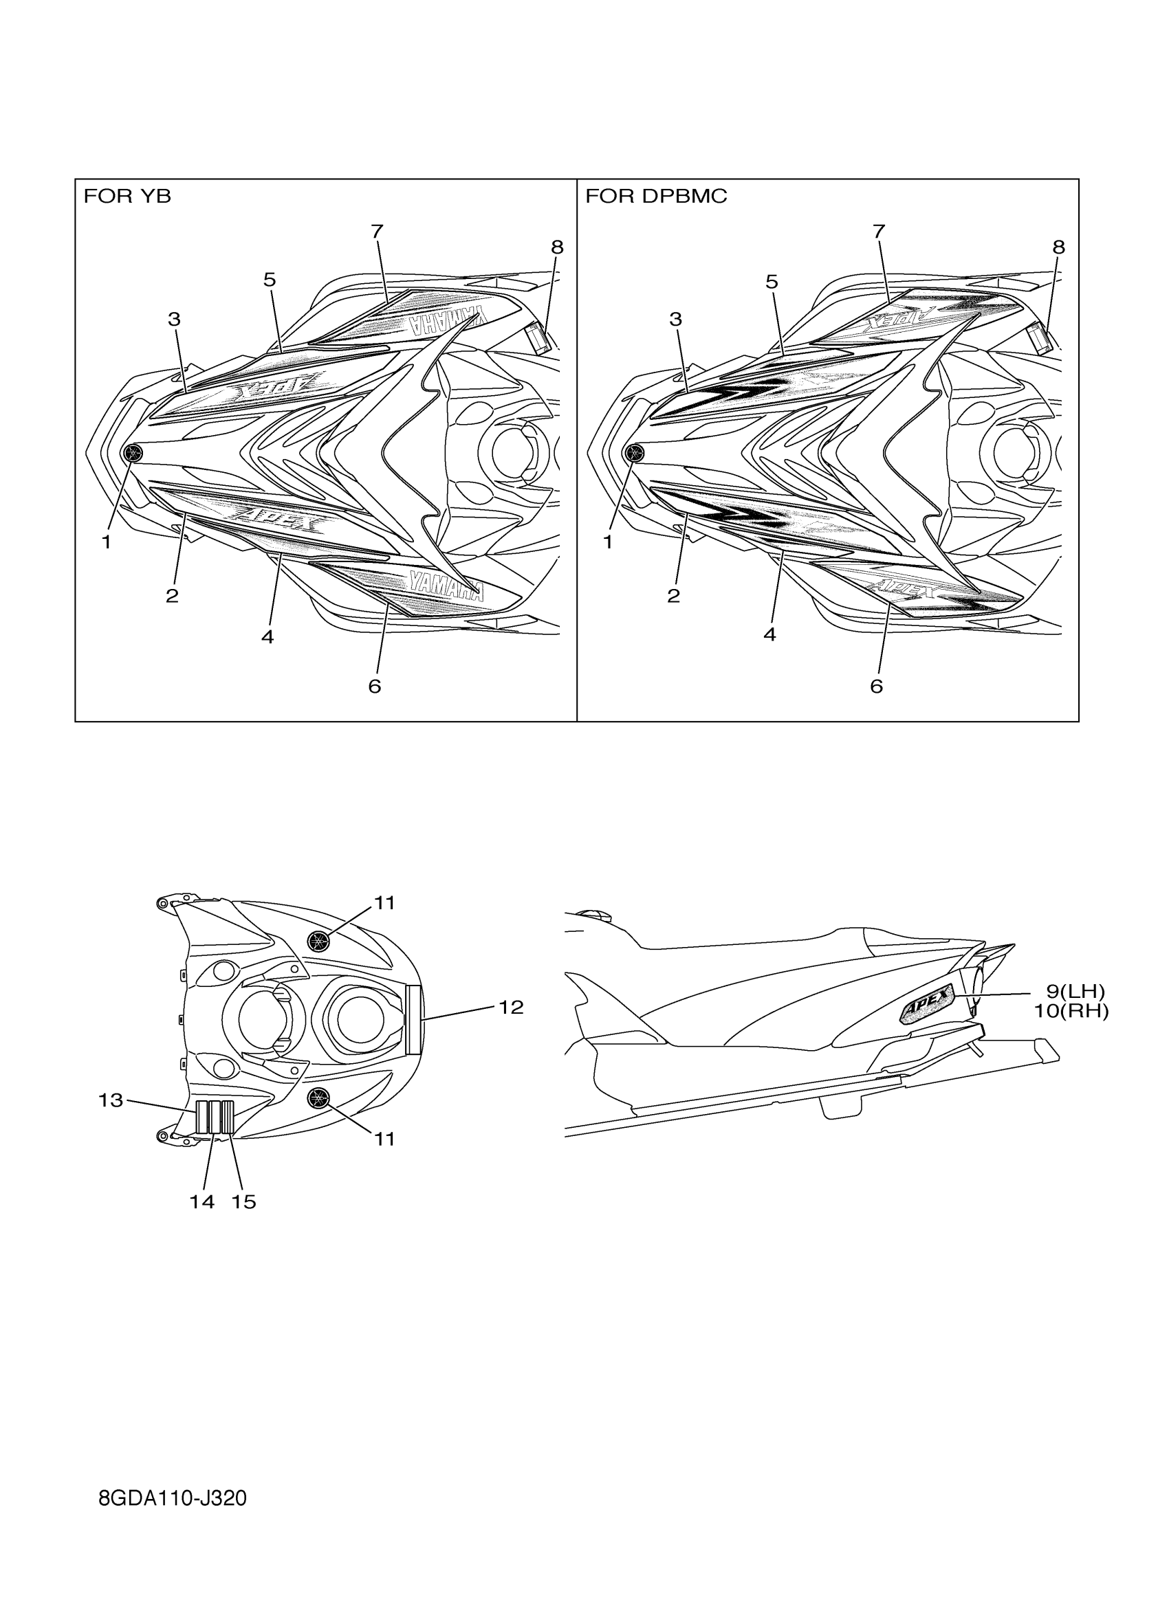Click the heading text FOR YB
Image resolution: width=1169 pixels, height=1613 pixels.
click(x=127, y=197)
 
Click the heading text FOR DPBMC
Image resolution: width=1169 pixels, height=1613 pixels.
click(x=656, y=197)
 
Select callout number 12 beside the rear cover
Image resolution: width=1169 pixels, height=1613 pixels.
click(x=511, y=1006)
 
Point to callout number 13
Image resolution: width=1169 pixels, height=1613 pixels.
click(x=111, y=1100)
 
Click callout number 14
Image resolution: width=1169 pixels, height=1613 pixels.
click(x=202, y=1201)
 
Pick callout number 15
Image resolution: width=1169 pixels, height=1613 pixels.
click(x=243, y=1201)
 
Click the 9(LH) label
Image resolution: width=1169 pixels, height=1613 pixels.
click(x=1075, y=991)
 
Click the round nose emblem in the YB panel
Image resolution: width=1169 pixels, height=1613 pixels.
click(x=132, y=452)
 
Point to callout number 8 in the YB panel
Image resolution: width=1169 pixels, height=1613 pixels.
click(x=557, y=247)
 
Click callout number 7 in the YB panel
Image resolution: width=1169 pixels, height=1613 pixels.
click(x=377, y=231)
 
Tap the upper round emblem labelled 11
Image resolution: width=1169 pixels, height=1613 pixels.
click(x=320, y=941)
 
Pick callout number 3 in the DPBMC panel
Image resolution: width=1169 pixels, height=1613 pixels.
click(x=675, y=320)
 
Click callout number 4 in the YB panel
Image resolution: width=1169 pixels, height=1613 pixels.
click(x=267, y=636)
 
